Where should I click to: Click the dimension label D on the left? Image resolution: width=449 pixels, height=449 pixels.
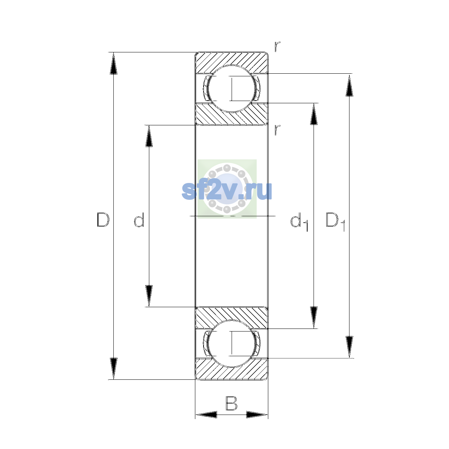click(103, 220)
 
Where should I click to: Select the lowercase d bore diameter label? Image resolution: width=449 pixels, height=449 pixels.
click(139, 220)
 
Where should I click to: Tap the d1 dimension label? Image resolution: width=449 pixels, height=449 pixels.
click(299, 223)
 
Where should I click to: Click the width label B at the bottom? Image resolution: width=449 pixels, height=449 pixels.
click(231, 403)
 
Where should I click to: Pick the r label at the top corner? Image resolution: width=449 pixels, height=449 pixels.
click(277, 46)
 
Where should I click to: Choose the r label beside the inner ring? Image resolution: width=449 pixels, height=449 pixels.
click(277, 130)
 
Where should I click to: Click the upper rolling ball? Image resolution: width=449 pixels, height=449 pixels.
click(231, 89)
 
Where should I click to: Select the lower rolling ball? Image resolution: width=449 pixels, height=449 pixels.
click(231, 343)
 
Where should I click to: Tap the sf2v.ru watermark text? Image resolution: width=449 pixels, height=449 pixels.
click(227, 192)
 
